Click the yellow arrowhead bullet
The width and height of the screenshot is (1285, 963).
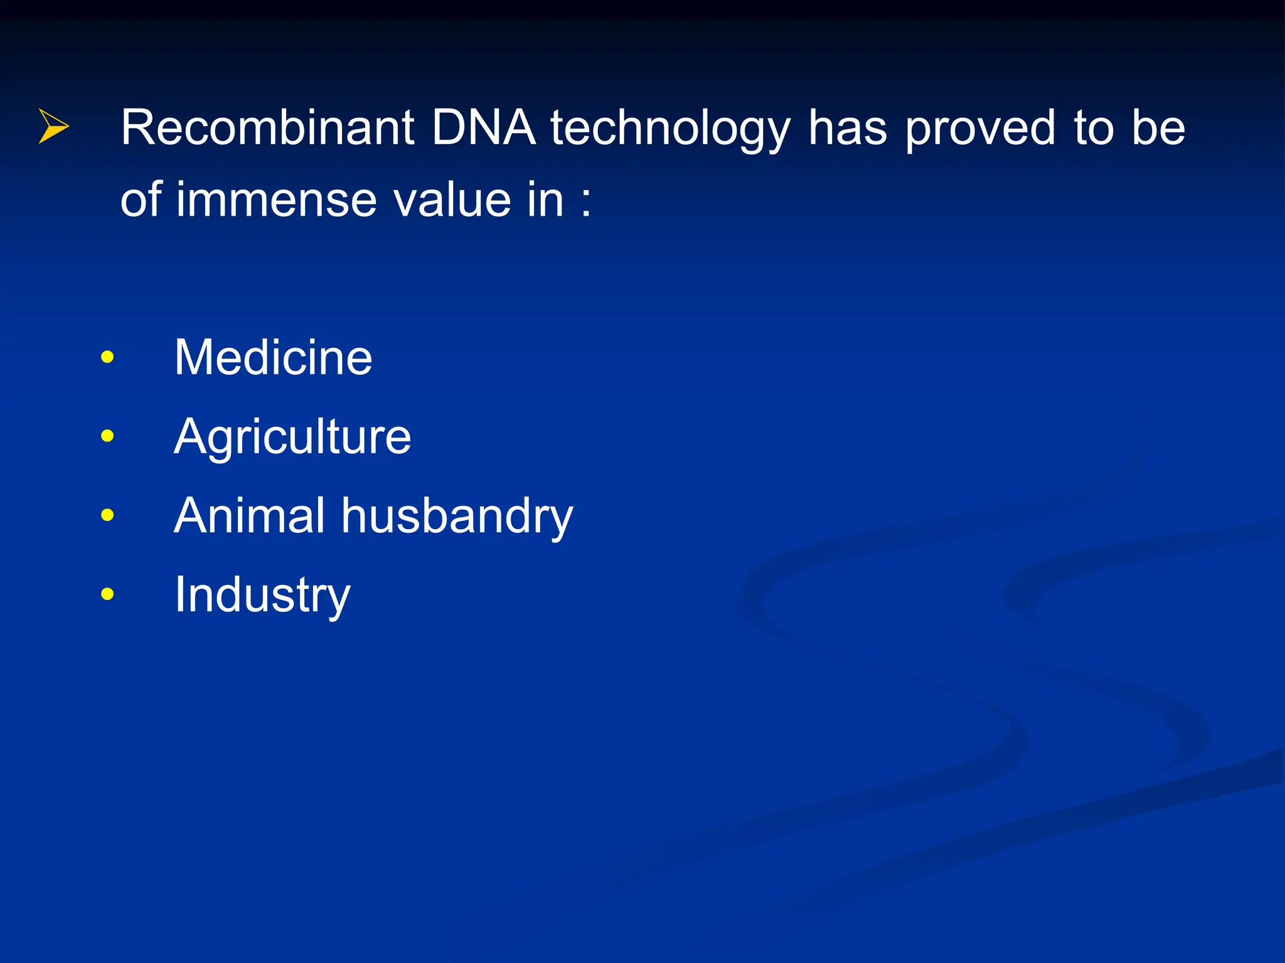(x=53, y=126)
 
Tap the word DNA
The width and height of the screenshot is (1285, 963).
(x=483, y=128)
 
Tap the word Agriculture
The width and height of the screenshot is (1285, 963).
(x=292, y=437)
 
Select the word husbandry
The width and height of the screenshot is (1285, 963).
(x=457, y=517)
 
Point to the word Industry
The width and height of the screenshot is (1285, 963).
(x=262, y=596)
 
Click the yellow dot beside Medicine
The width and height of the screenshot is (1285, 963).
(x=107, y=357)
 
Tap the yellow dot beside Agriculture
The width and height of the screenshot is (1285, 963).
(x=107, y=436)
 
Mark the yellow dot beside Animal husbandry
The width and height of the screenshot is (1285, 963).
(x=107, y=515)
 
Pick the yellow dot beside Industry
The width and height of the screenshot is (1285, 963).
(x=107, y=594)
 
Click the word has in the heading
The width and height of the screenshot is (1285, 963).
(x=847, y=128)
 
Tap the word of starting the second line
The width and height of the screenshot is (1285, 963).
(x=141, y=200)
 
